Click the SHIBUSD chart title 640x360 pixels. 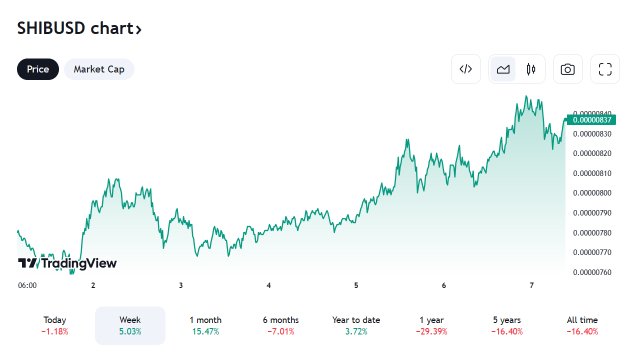tap(79, 28)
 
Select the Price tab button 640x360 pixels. tap(38, 69)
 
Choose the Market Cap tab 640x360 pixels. tap(99, 69)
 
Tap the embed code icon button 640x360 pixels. tap(465, 69)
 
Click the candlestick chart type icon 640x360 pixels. tap(531, 69)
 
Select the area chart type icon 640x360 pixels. tap(503, 69)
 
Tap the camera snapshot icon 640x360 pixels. tap(567, 69)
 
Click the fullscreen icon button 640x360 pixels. tap(605, 69)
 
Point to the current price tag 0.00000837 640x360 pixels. tap(591, 120)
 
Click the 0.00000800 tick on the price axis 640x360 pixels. tap(592, 193)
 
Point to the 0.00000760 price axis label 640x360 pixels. tap(592, 272)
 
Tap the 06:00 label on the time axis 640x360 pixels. tap(27, 285)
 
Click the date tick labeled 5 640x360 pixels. tap(356, 285)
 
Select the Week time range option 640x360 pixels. tap(130, 325)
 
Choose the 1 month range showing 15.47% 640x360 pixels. tap(205, 325)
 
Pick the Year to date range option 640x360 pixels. tap(356, 325)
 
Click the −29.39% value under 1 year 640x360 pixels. tap(431, 331)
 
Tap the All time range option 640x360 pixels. tap(582, 325)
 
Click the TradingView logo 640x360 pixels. tap(67, 263)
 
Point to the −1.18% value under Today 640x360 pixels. tap(55, 331)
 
